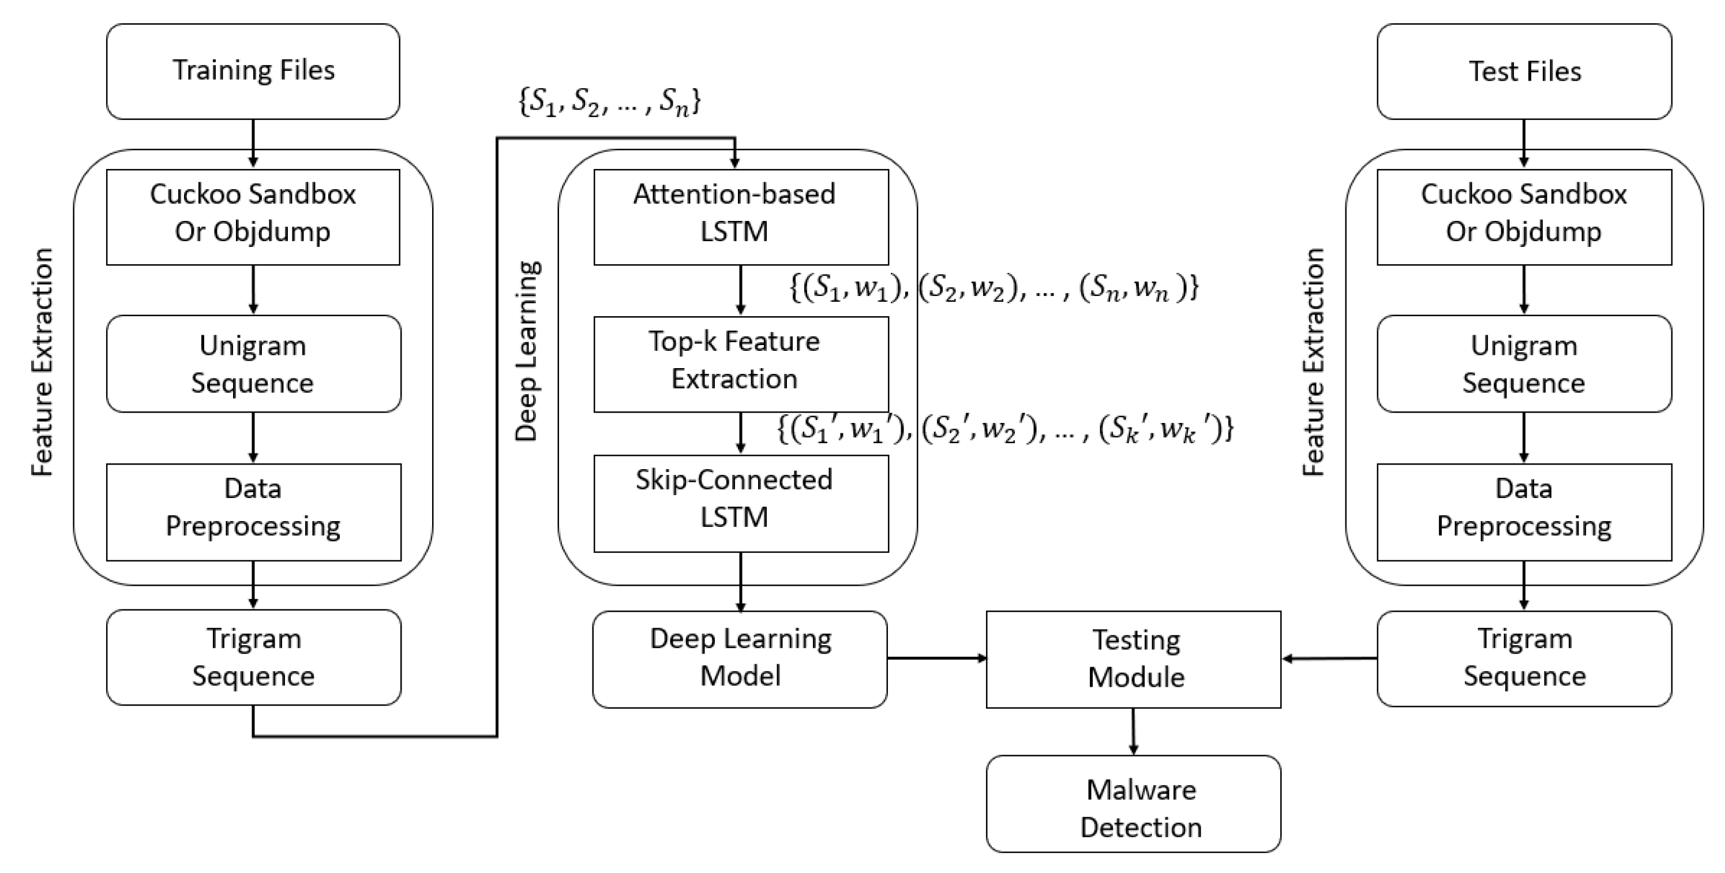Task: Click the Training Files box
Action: (253, 72)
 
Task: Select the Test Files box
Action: (1524, 72)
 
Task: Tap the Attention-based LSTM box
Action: (741, 217)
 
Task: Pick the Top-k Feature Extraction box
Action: (741, 364)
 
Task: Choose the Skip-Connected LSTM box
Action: (741, 504)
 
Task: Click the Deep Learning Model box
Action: (740, 660)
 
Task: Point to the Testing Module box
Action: (1134, 660)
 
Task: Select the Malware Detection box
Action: (1134, 804)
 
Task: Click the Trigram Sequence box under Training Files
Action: (254, 657)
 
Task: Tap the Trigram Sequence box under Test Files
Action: (1524, 659)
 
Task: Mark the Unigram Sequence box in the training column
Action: (254, 364)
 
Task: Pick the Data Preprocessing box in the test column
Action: (1524, 512)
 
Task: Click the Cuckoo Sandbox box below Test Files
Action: (1524, 217)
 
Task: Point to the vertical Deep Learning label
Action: (527, 351)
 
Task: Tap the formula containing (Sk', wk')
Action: (1005, 429)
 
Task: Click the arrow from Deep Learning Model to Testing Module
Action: (937, 658)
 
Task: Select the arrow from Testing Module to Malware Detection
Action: (1133, 732)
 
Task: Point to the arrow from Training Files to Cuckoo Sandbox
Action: (253, 143)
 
